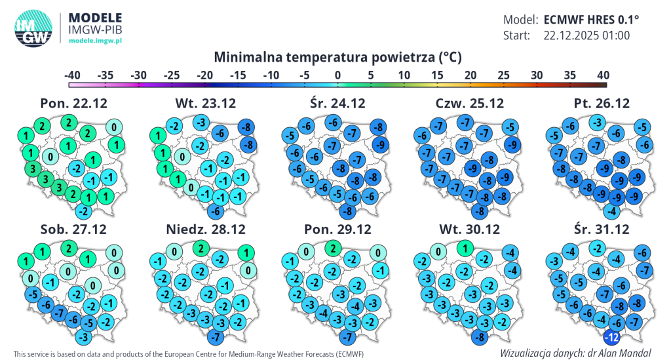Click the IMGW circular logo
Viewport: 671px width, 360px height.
[33, 30]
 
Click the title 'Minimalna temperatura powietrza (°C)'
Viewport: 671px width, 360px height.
[337, 57]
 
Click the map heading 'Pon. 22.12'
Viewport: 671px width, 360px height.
[73, 103]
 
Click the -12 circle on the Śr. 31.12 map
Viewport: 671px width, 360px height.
[611, 338]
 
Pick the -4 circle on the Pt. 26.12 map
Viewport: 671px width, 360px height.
[611, 211]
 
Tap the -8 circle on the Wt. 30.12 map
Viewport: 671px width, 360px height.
[480, 338]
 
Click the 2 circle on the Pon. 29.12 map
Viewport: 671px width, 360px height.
[334, 249]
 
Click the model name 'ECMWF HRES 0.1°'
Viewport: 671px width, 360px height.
[591, 19]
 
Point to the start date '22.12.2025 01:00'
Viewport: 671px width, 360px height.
[586, 35]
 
